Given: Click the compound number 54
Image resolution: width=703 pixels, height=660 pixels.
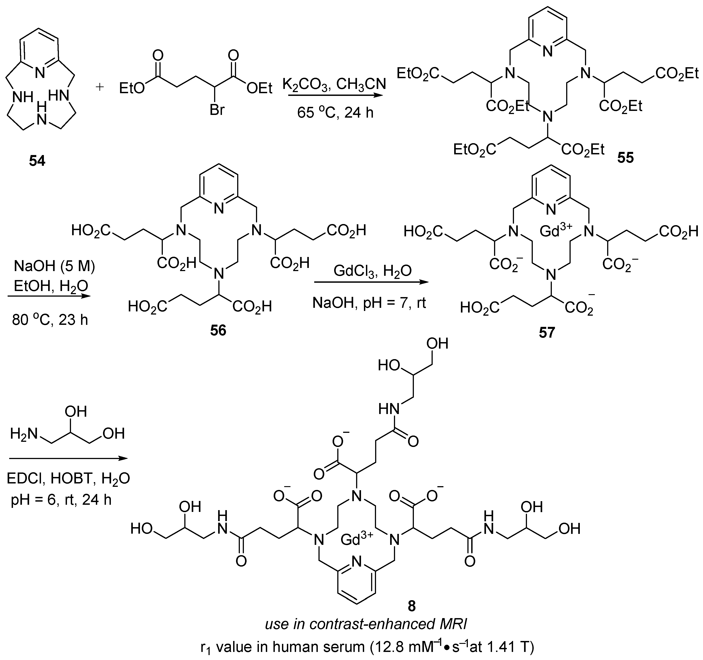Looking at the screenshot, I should click(37, 161).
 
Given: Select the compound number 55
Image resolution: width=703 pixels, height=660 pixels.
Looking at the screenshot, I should click(626, 158).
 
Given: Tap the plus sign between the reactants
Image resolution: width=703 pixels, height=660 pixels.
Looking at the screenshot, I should click(100, 87).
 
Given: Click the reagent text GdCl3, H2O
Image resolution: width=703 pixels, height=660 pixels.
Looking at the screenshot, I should click(373, 272).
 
